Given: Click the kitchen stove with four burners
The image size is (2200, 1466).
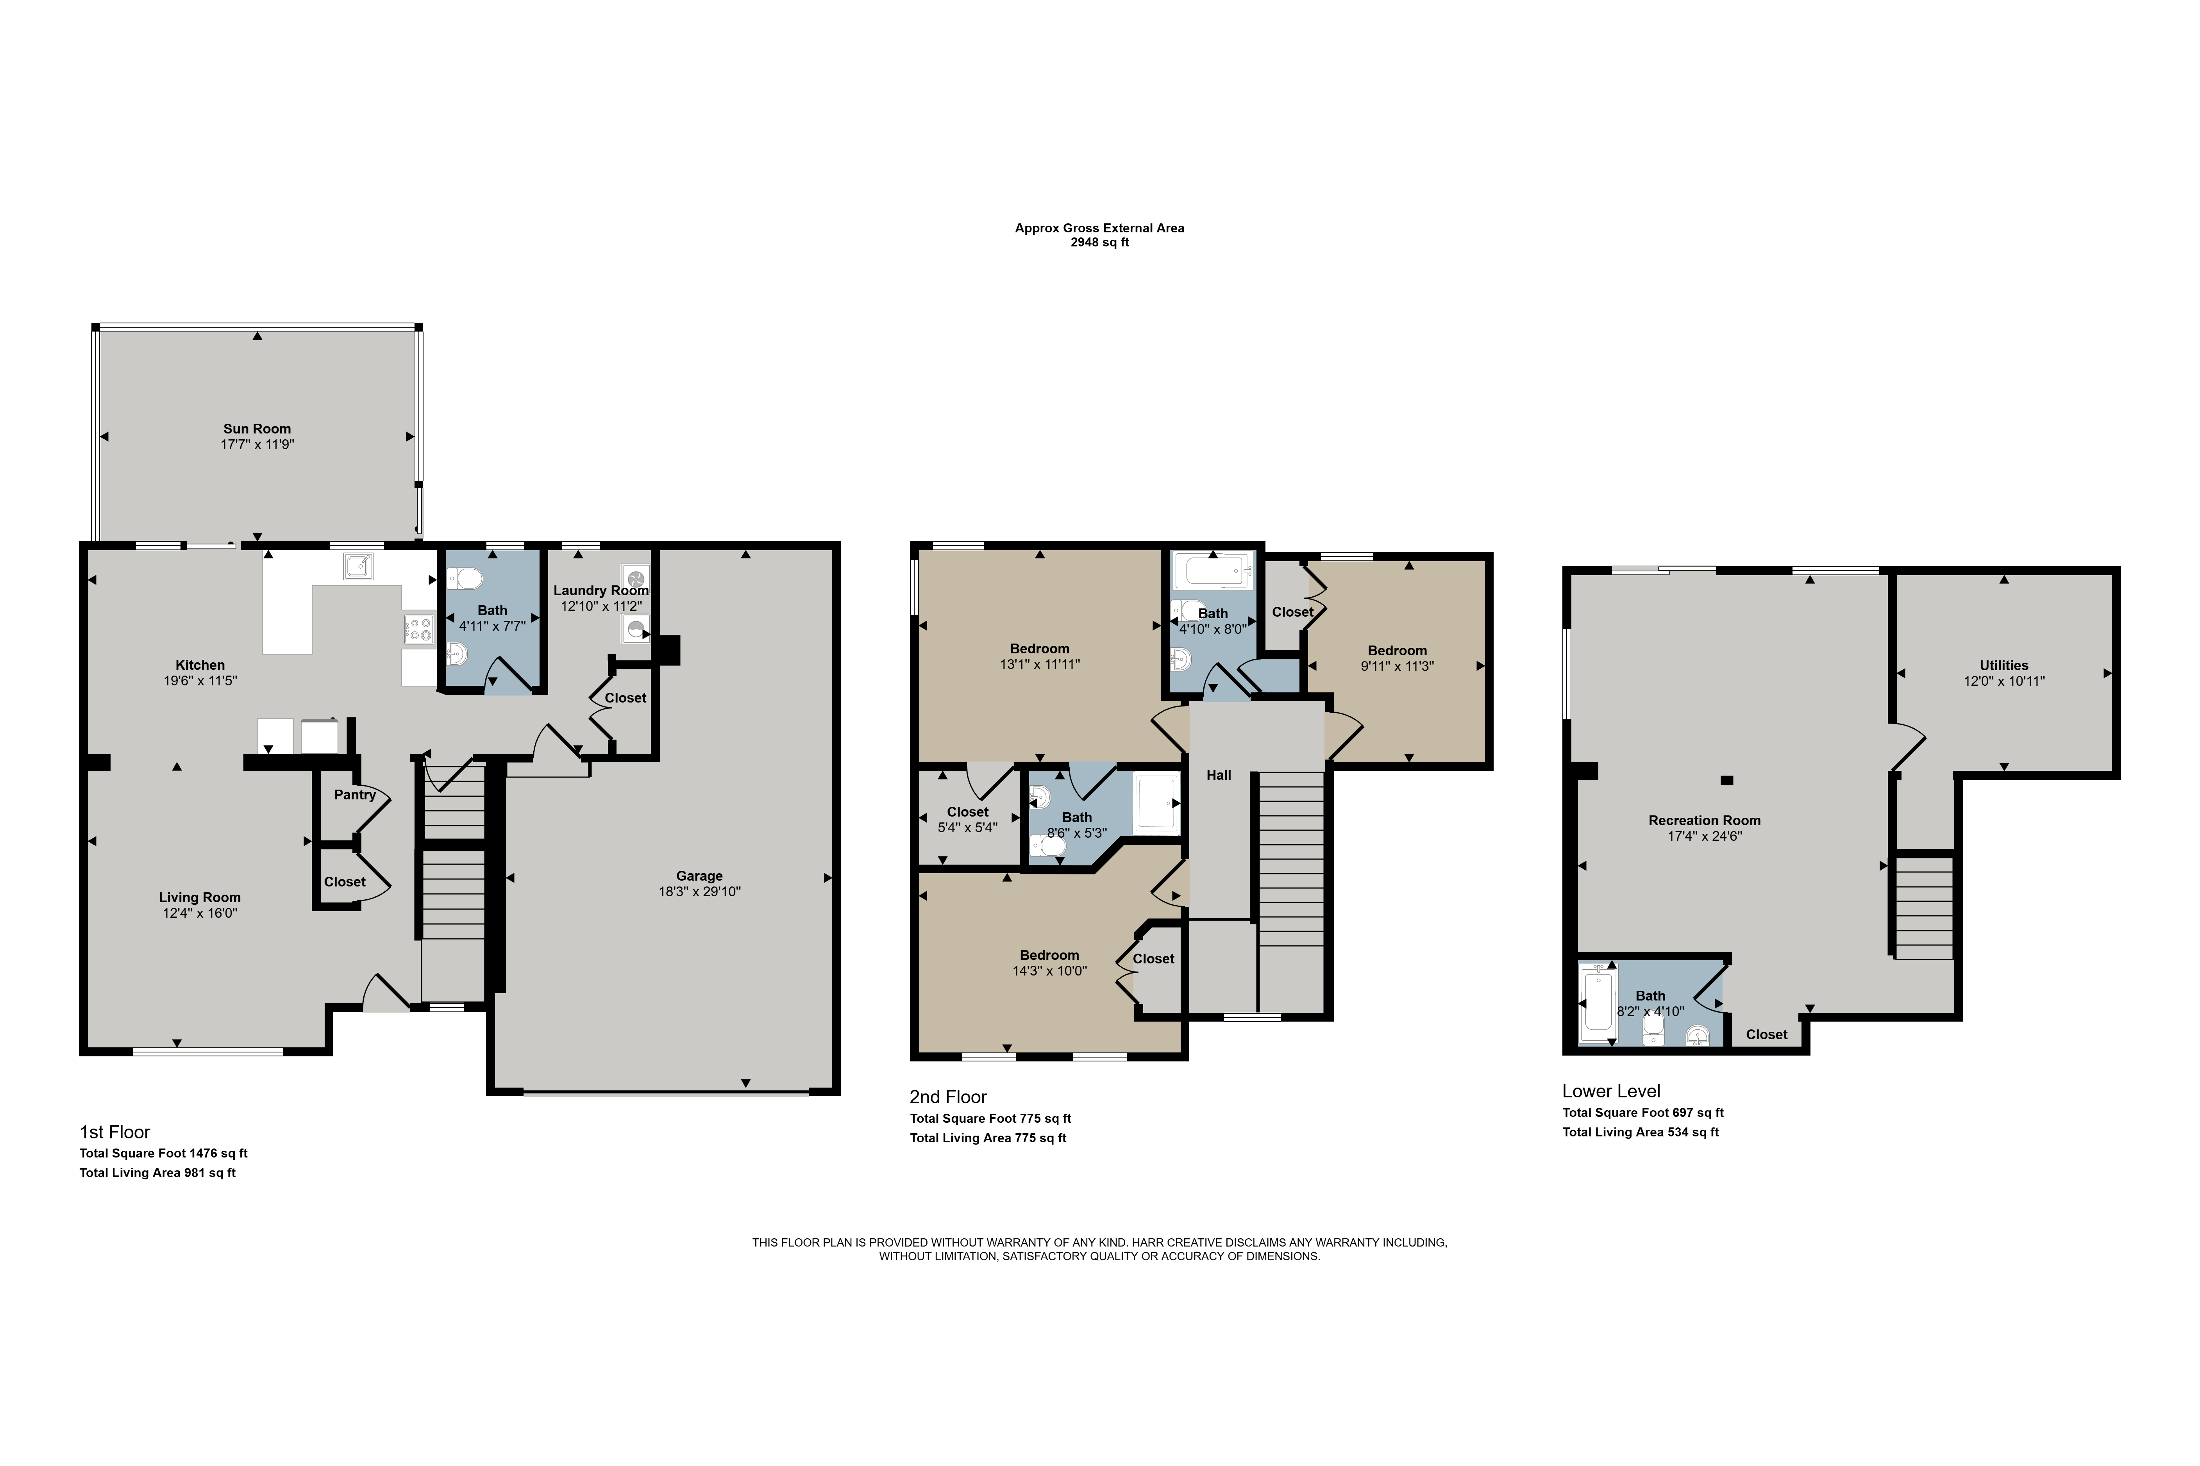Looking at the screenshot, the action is pos(419,628).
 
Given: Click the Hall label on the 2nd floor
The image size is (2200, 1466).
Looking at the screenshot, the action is pos(1219,775).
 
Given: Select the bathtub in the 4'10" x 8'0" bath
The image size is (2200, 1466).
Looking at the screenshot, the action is pos(1213,569).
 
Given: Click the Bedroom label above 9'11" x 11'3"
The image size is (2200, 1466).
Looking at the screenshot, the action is pos(1398,651).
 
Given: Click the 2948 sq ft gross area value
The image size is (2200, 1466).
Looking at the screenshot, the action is pos(1100,242).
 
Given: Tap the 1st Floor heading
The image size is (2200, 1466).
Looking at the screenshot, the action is pos(115,1132).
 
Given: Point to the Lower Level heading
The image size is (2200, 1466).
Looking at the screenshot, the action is pos(1611,1091).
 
